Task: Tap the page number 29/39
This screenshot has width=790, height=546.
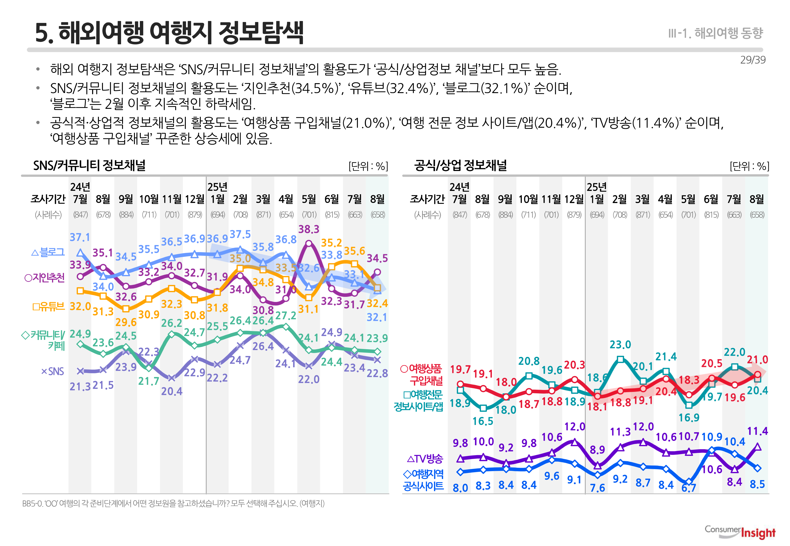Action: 752,60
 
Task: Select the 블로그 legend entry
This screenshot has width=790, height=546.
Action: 48,253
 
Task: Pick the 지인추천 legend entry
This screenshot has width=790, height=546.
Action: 45,277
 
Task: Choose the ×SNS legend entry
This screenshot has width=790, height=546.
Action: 52,371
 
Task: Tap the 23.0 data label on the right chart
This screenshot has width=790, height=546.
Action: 620,345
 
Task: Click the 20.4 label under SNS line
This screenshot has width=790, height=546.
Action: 172,391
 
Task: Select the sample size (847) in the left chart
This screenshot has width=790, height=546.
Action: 80,215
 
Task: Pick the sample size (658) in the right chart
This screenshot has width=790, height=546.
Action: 757,215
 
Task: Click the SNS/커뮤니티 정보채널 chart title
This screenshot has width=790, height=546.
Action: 89,166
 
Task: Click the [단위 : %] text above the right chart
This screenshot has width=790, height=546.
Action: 749,166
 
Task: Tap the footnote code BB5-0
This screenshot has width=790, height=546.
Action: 32,503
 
